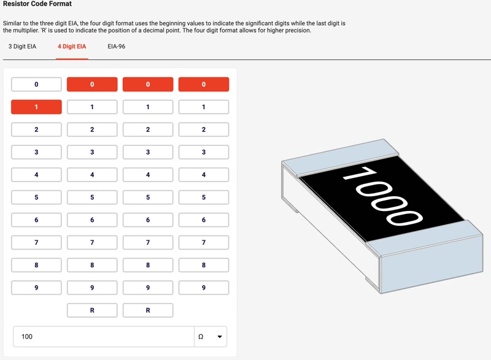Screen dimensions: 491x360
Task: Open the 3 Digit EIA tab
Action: click(22, 47)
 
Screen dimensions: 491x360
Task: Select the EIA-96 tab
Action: click(116, 47)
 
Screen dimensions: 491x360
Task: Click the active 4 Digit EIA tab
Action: click(72, 47)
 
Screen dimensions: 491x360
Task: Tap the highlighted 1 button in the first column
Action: click(36, 107)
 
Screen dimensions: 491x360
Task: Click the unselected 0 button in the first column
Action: click(36, 85)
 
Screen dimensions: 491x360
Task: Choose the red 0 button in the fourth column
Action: click(204, 85)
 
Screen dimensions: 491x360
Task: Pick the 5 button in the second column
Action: click(92, 197)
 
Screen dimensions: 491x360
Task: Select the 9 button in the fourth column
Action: click(204, 288)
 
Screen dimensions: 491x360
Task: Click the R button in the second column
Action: click(92, 310)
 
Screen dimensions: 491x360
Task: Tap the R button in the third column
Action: click(148, 310)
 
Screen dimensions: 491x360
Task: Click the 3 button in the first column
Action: click(36, 152)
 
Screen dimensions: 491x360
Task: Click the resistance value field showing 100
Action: click(104, 337)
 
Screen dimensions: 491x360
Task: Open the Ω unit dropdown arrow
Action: click(220, 337)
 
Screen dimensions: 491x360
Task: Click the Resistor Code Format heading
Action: click(37, 4)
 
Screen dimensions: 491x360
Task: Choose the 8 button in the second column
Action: click(92, 265)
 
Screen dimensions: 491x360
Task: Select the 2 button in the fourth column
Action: click(204, 129)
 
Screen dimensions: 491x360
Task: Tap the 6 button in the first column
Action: click(36, 220)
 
